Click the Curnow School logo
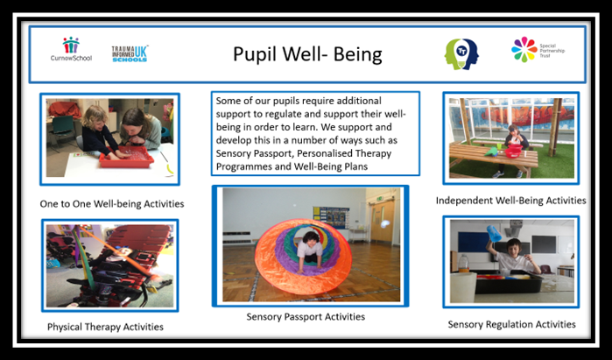(x=71, y=49)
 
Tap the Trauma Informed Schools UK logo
(x=130, y=54)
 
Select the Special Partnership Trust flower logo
(x=524, y=50)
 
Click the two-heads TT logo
(x=461, y=54)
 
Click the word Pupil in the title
(x=255, y=54)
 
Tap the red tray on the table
(x=126, y=157)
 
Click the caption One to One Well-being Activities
(x=112, y=204)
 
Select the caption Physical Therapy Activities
(x=105, y=327)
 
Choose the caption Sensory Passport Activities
(x=306, y=317)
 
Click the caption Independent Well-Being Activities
(x=511, y=201)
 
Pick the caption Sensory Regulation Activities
(x=511, y=324)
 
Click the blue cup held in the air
(x=494, y=233)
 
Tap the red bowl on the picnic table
(x=514, y=151)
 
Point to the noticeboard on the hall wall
(x=331, y=217)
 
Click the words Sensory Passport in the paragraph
(x=254, y=153)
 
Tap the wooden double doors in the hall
(x=382, y=222)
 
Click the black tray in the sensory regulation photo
(x=508, y=282)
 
